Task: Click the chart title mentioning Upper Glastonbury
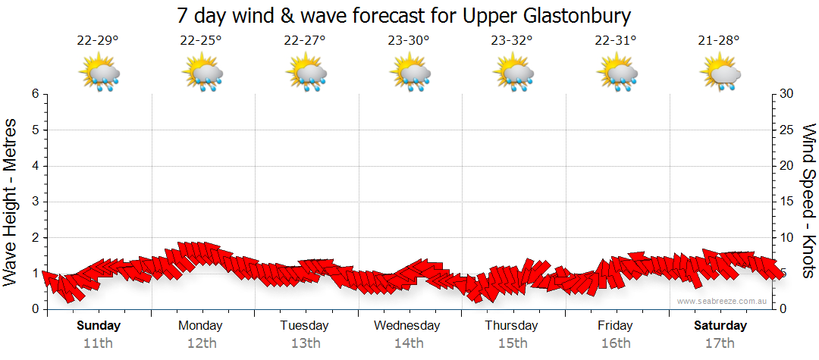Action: pyautogui.click(x=403, y=15)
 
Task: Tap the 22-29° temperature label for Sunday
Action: pyautogui.click(x=98, y=41)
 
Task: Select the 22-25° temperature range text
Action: pyautogui.click(x=201, y=41)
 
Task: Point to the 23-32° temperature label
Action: pyautogui.click(x=512, y=41)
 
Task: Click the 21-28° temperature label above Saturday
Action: pyautogui.click(x=719, y=41)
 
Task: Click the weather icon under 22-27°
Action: pyautogui.click(x=306, y=74)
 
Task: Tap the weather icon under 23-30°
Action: pyautogui.click(x=409, y=74)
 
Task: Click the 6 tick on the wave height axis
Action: pyautogui.click(x=35, y=94)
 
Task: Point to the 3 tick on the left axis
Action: pyautogui.click(x=35, y=202)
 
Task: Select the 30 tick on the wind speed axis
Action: pyautogui.click(x=787, y=94)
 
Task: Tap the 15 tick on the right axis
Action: pyautogui.click(x=787, y=202)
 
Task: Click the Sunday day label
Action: pyautogui.click(x=99, y=326)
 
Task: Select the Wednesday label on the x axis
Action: pyautogui.click(x=407, y=326)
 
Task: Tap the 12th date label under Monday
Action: pyautogui.click(x=201, y=343)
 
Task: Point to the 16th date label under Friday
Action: pyautogui.click(x=615, y=343)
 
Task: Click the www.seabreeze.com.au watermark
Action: pyautogui.click(x=723, y=302)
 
